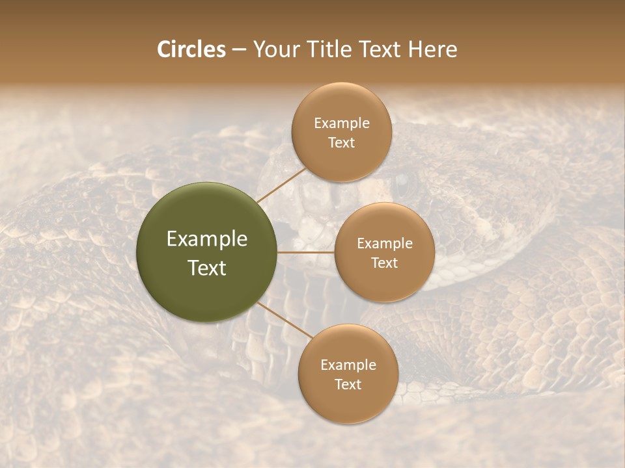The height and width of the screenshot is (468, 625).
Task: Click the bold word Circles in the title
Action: click(x=191, y=49)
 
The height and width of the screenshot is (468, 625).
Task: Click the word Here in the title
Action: click(x=433, y=49)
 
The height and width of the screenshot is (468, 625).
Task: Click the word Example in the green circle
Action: click(x=207, y=239)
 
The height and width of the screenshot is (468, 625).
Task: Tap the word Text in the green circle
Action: click(x=207, y=268)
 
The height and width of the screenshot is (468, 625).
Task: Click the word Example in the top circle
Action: click(x=342, y=123)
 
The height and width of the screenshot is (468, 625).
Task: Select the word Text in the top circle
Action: click(x=342, y=142)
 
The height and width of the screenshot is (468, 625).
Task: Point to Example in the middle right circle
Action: click(x=385, y=244)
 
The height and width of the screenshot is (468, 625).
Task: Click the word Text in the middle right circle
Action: click(x=385, y=263)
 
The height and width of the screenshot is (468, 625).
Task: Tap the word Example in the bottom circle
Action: click(x=348, y=365)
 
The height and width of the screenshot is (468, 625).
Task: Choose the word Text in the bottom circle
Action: click(x=348, y=384)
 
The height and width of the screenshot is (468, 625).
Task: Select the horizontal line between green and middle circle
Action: click(x=306, y=252)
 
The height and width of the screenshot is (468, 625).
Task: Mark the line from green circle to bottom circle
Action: click(x=285, y=319)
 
